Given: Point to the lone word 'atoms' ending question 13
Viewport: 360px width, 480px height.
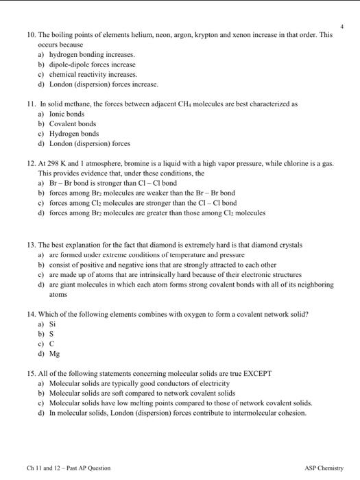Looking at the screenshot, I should click(58, 294).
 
